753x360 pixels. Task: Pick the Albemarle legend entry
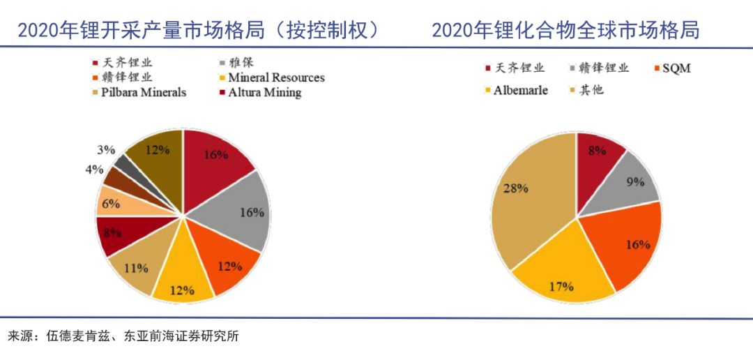pyautogui.click(x=515, y=90)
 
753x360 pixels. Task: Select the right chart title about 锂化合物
pyautogui.click(x=565, y=30)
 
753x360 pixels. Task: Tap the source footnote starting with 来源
pyautogui.click(x=123, y=336)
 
